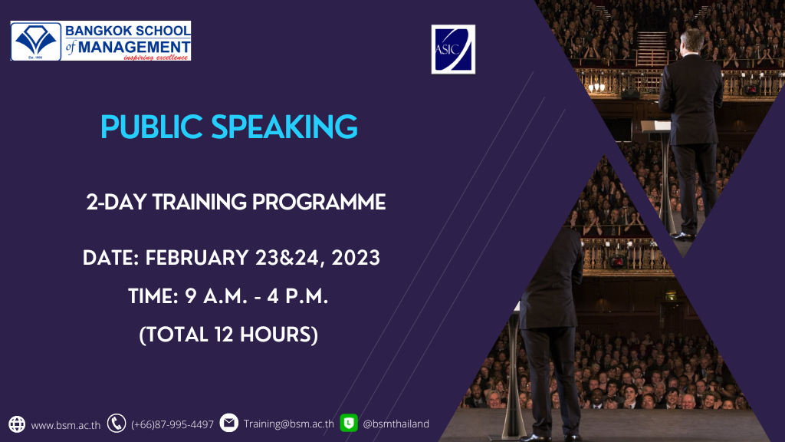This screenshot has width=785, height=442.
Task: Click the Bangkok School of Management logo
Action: [x=100, y=41]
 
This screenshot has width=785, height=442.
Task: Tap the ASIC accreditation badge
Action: [x=453, y=49]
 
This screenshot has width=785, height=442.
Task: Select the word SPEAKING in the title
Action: [x=284, y=127]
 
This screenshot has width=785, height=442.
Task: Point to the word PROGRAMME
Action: [x=319, y=202]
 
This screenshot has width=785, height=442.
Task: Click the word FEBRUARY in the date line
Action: [x=197, y=258]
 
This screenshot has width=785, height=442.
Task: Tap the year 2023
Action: [x=356, y=258]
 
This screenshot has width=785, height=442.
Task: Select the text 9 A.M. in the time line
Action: [x=216, y=296]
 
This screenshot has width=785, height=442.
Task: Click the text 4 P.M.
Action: [x=297, y=296]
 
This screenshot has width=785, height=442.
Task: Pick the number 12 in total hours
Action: [x=223, y=335]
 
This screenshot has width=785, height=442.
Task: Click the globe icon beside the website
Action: [x=17, y=424]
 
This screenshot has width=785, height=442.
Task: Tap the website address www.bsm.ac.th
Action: [x=66, y=425]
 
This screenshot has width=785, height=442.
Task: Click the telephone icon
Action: [x=117, y=424]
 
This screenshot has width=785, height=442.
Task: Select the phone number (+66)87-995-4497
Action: [x=172, y=424]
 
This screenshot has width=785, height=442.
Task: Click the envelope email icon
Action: [x=228, y=423]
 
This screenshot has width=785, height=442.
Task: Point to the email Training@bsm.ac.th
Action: [x=289, y=424]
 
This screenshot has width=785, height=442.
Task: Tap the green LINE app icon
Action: [x=349, y=423]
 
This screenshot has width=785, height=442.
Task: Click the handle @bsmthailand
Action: [x=396, y=424]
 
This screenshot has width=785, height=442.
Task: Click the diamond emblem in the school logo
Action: [x=35, y=40]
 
